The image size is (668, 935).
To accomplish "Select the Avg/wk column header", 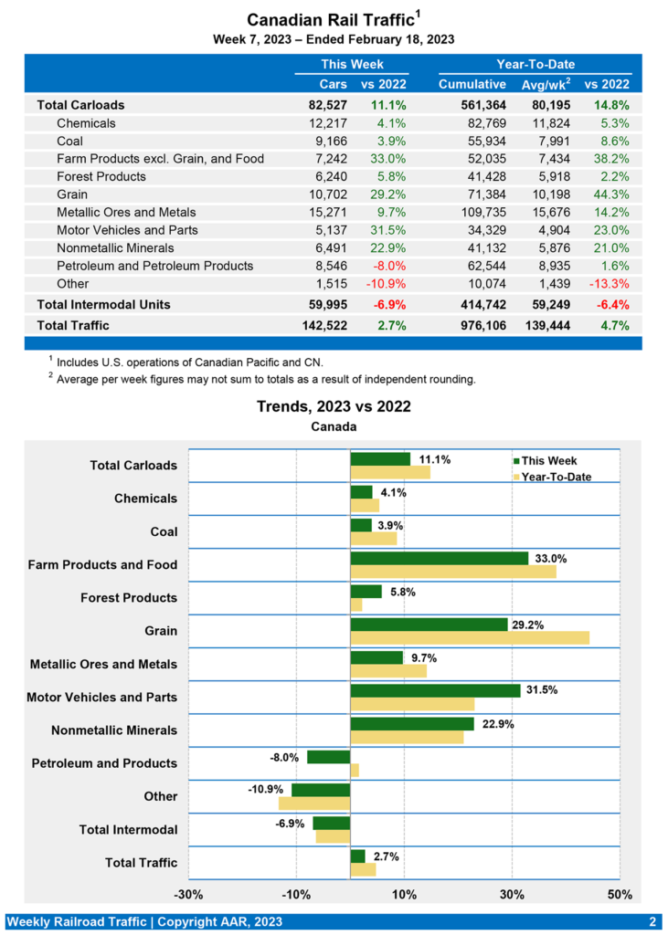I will coord(545,84).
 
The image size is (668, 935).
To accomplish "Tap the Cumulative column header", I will coord(472,84).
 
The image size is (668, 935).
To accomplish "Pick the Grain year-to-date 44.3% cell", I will coord(610,194).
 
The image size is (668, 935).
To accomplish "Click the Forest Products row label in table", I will coord(101,176).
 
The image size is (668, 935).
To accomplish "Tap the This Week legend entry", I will coord(549,461).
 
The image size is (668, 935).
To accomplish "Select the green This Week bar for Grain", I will coord(429,625).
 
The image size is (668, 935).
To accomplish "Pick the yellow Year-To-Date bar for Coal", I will coord(373,539).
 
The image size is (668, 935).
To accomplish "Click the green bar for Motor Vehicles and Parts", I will coord(435,690).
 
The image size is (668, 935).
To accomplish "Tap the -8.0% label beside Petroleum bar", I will coord(285,756).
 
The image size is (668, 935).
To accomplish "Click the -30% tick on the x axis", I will coord(189,894).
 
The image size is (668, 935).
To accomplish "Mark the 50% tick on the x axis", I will coord(620,894).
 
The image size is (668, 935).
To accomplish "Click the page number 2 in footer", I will coord(652,921).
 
